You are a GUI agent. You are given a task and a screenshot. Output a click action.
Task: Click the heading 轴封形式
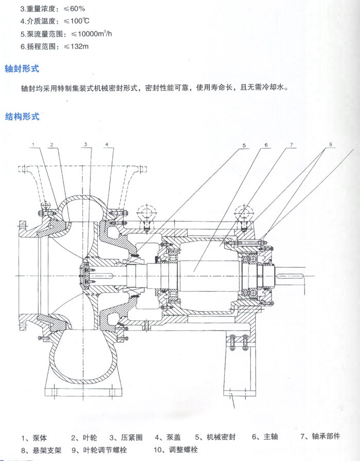point(22,68)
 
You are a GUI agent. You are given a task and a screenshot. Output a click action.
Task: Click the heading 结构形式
point(22,116)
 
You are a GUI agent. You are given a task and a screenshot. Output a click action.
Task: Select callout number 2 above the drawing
point(51,145)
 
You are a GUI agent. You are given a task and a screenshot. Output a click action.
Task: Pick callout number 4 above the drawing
point(106,145)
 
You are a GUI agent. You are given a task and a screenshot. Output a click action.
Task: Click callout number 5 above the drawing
point(245,145)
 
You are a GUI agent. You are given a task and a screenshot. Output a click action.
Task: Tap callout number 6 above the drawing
point(266,145)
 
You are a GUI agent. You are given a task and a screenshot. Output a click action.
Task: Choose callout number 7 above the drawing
point(291,145)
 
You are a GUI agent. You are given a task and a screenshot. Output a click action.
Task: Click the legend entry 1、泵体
point(34,438)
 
